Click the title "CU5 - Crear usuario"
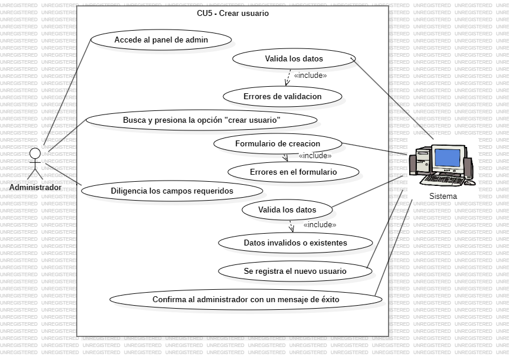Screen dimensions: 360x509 click(233, 13)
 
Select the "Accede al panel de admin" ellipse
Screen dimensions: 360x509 click(161, 40)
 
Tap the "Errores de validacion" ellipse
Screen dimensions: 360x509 click(283, 96)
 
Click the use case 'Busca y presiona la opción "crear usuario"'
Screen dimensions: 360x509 click(201, 120)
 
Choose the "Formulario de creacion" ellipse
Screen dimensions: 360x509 click(278, 143)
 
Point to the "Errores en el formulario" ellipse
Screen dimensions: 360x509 click(293, 172)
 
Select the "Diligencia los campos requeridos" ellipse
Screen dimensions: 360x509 click(172, 191)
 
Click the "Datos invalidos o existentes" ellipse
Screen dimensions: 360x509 click(295, 243)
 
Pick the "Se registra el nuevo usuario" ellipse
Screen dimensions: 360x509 click(295, 271)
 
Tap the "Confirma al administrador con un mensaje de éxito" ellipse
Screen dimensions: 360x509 click(246, 299)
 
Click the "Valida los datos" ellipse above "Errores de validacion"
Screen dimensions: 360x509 click(293, 58)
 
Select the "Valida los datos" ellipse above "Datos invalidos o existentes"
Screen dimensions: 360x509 click(287, 210)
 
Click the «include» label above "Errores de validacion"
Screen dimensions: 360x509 click(310, 76)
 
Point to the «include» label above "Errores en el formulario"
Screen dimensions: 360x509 click(315, 156)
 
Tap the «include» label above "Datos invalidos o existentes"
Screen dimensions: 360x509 click(319, 225)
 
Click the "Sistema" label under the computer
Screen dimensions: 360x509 click(443, 196)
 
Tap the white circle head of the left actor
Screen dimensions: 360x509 click(35, 153)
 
